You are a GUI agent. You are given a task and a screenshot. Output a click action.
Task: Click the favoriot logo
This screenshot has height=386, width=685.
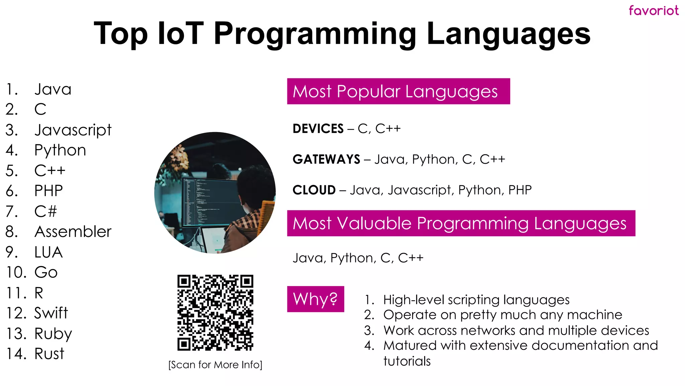(653, 11)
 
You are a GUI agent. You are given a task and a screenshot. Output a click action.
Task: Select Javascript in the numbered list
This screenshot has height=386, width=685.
(73, 130)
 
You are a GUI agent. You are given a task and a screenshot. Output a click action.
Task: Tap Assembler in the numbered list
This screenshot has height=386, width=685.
(73, 232)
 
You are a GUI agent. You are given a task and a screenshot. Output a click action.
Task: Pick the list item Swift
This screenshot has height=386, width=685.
(51, 313)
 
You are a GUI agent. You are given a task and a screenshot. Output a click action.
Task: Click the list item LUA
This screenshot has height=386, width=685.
(48, 252)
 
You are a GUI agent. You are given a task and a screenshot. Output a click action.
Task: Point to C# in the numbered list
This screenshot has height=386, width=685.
(45, 211)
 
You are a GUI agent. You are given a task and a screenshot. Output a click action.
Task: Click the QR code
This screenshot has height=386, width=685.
(215, 313)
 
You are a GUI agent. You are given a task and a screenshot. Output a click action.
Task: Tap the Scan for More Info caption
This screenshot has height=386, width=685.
(215, 365)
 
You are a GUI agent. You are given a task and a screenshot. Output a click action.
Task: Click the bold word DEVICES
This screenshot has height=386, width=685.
(318, 129)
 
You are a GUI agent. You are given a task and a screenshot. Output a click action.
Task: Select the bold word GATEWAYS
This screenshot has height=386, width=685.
(326, 159)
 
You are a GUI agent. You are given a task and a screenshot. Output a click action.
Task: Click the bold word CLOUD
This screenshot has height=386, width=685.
(314, 190)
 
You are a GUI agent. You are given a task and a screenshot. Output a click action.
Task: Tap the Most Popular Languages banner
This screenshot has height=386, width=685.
(398, 91)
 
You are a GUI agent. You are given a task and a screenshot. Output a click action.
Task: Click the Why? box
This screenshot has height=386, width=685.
(315, 299)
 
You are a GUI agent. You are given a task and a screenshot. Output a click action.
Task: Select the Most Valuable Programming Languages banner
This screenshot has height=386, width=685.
(461, 223)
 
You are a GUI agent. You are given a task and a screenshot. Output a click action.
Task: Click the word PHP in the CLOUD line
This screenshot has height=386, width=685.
(519, 190)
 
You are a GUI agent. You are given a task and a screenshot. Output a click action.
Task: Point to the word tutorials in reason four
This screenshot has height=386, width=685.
(407, 361)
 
